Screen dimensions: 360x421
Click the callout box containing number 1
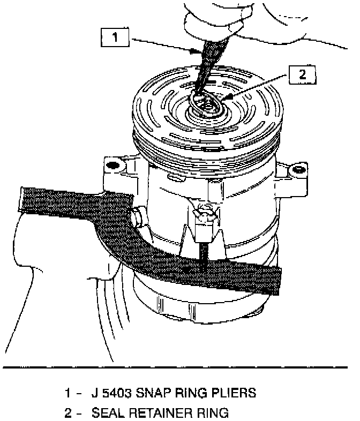click(x=115, y=38)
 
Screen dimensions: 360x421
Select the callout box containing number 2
click(x=302, y=76)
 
